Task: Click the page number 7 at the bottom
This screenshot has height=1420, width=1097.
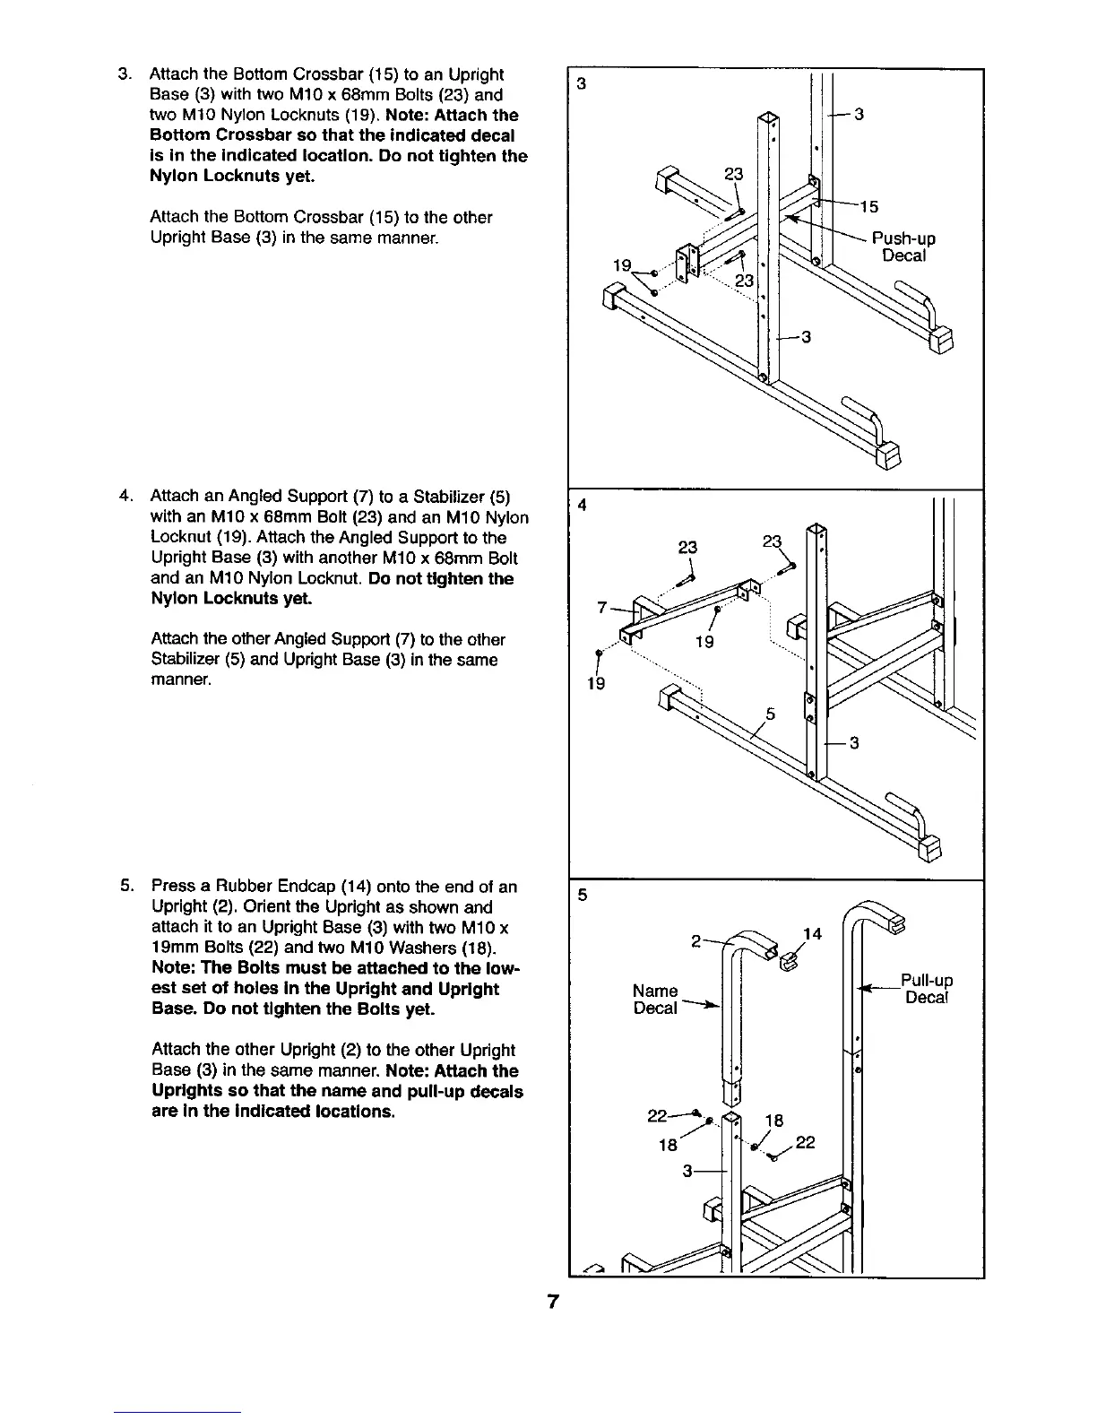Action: tap(553, 1303)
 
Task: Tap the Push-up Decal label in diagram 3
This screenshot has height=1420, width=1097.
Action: tap(903, 247)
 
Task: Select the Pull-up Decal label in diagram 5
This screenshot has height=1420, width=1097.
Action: tap(927, 989)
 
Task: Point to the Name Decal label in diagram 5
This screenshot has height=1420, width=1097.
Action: tap(655, 1000)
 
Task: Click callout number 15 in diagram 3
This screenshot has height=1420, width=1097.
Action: tap(868, 208)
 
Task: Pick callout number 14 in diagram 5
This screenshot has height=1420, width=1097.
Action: tap(812, 934)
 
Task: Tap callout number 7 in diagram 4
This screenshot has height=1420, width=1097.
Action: tap(603, 608)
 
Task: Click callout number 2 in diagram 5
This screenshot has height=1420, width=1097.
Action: tap(695, 941)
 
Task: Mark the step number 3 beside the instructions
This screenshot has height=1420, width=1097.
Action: tap(125, 74)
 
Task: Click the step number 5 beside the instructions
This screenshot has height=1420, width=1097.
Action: tap(125, 887)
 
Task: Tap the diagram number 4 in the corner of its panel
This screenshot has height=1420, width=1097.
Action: tap(582, 505)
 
